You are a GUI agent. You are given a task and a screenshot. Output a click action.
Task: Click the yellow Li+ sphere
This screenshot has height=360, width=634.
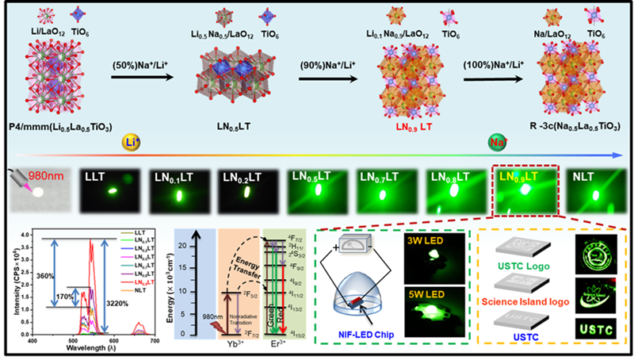coord(132,143)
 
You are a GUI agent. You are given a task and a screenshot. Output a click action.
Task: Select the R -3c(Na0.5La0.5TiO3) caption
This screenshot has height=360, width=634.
coord(559,125)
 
